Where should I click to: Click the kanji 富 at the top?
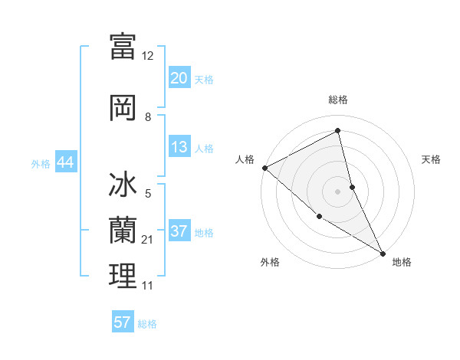click(123, 46)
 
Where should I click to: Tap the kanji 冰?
click(123, 186)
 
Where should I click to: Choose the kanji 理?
click(123, 276)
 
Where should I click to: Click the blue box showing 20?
click(179, 78)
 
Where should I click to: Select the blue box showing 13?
click(179, 147)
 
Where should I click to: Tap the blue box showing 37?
click(179, 231)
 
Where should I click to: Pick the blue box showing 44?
click(65, 162)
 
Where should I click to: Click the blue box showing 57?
click(123, 322)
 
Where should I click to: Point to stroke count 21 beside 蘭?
click(148, 240)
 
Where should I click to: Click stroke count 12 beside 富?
click(148, 56)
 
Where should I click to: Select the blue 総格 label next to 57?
click(147, 323)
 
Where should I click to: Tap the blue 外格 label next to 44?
click(41, 163)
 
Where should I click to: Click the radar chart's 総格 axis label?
click(338, 100)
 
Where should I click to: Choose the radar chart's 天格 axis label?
click(431, 159)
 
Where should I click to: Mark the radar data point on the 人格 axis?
click(264, 168)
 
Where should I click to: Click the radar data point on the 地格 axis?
click(383, 252)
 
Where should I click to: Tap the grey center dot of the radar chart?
click(338, 191)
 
